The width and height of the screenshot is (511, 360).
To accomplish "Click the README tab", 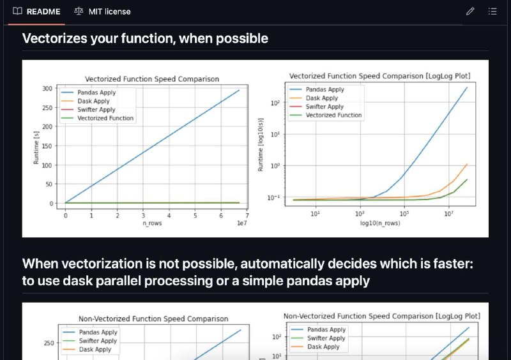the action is [x=36, y=11].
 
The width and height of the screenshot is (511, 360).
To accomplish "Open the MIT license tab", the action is [x=102, y=11].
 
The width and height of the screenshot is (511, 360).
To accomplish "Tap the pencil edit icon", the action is [x=470, y=11].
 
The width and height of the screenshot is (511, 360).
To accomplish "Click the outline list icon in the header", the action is [x=492, y=11].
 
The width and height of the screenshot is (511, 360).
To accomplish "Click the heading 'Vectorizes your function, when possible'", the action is [x=145, y=38].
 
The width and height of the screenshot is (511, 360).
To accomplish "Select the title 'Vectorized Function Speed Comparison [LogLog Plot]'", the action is [x=379, y=76].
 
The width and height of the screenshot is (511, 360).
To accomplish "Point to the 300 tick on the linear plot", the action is [x=47, y=89].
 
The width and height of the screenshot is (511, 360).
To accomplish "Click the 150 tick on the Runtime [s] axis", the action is [x=47, y=146].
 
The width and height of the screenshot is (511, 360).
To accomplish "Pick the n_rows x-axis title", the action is [x=152, y=223].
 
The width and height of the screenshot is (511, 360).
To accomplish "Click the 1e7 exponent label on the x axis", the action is [x=242, y=223].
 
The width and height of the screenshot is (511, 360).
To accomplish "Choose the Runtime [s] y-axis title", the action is [x=36, y=147].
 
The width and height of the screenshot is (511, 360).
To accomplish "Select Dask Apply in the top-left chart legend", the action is [x=93, y=101].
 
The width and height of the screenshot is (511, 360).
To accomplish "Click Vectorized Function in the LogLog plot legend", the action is [x=333, y=115].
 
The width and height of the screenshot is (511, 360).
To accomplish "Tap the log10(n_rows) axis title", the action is [x=380, y=223].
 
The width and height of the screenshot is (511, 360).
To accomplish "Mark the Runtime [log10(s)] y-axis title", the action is [x=260, y=145].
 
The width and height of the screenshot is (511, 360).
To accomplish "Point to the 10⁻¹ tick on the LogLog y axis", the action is [x=273, y=197].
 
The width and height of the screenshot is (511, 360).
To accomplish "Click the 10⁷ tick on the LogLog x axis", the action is [x=449, y=213].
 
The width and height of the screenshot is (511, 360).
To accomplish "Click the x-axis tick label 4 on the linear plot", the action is [x=169, y=215].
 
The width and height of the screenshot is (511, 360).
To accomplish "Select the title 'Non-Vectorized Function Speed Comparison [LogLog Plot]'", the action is [x=381, y=316].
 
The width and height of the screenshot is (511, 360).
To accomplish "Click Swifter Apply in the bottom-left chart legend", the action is [x=98, y=341].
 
